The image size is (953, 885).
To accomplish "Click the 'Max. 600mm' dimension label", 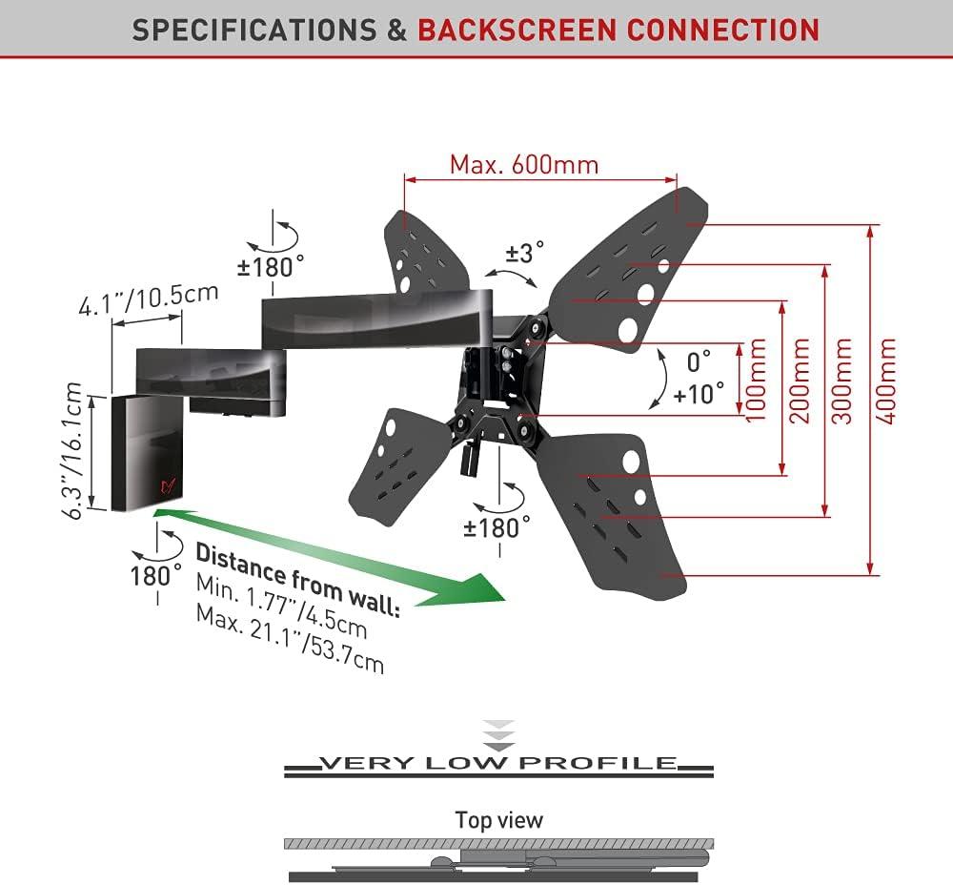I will (x=524, y=164).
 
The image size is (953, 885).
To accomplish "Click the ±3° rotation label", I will (x=525, y=253).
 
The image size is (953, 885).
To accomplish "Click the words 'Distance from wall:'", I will (x=297, y=580).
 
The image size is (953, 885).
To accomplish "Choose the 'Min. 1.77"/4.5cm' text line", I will (x=281, y=607).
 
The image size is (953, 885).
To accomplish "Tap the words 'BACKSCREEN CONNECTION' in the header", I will (x=618, y=30).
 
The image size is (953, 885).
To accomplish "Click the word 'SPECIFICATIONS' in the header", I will (x=253, y=30).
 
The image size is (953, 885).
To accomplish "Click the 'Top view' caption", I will (x=498, y=819).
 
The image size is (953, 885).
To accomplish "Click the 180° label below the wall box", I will (x=156, y=574).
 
